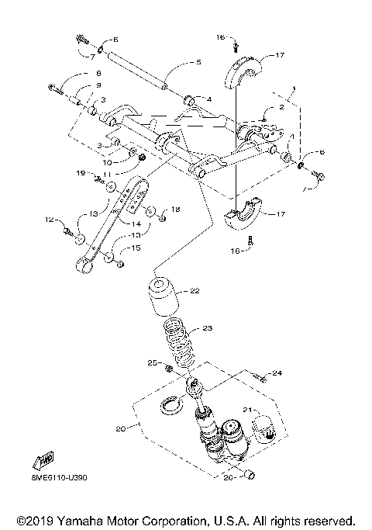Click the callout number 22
(x=195, y=291)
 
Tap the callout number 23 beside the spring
(x=206, y=328)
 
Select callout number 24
(x=277, y=373)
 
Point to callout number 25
(x=153, y=362)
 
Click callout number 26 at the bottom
(x=228, y=478)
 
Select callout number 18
(x=175, y=210)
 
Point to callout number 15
(x=135, y=248)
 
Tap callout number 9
(x=98, y=85)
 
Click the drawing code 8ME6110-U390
(x=59, y=479)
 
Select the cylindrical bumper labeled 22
(x=163, y=299)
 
